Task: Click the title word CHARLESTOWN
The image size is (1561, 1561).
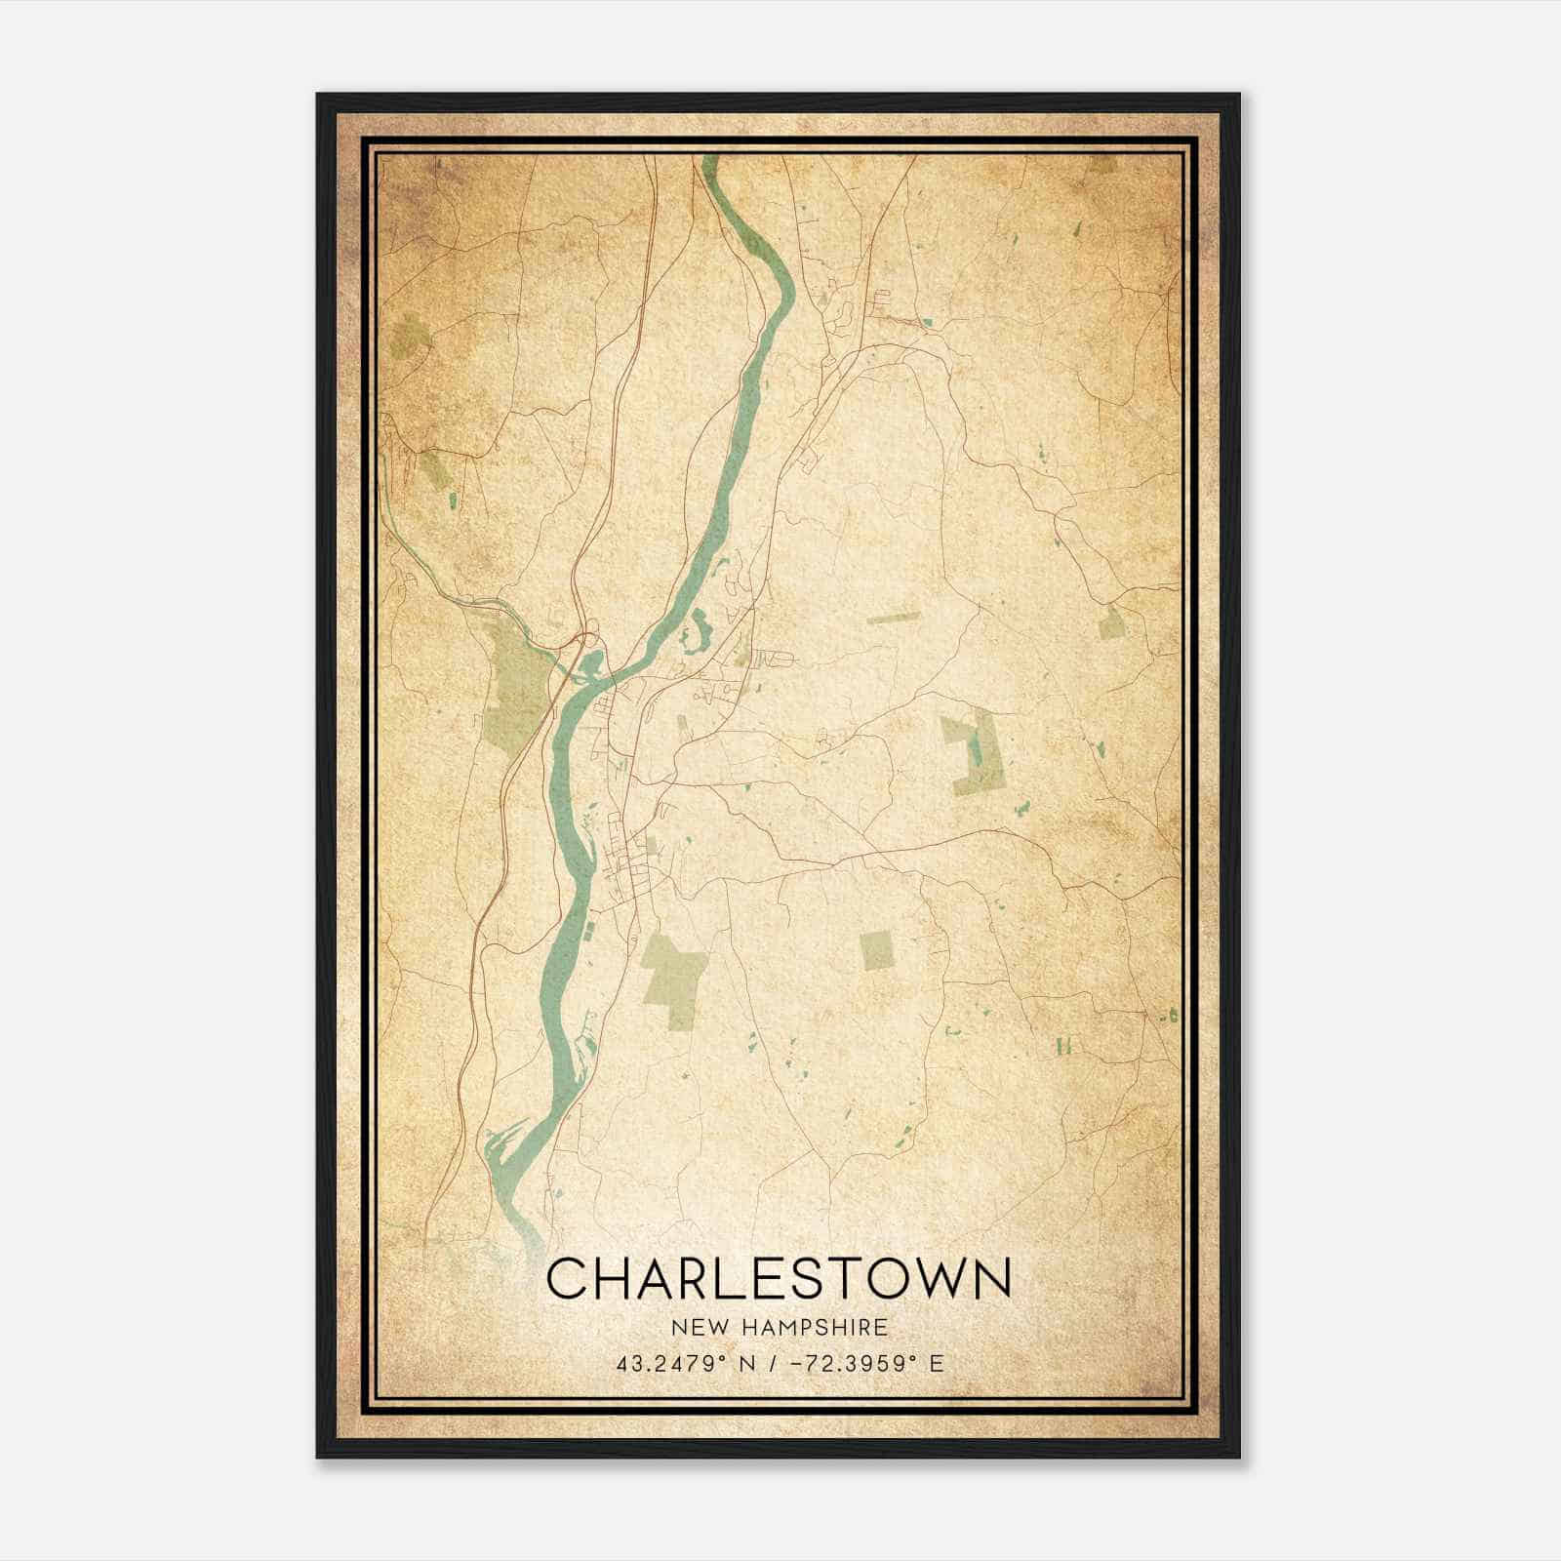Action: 779,1278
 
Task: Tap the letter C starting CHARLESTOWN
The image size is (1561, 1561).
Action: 567,1278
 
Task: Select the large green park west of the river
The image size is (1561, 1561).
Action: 514,683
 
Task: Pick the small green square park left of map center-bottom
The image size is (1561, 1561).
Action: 877,950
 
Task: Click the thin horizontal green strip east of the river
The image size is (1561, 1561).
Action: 893,618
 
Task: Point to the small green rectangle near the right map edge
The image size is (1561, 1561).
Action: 1110,621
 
